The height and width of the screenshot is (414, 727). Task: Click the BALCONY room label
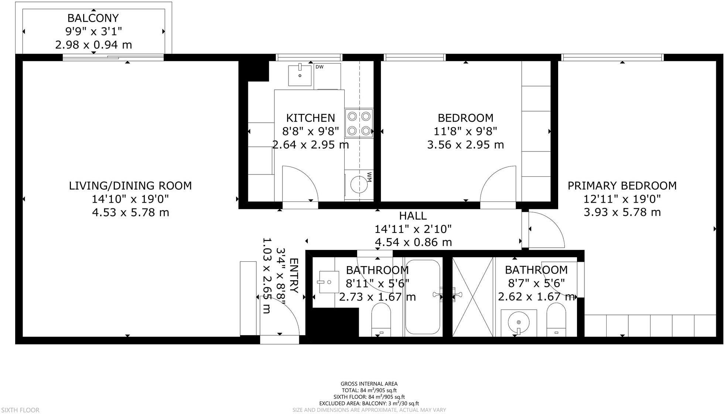[x=93, y=18]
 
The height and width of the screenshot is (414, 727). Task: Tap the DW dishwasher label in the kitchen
[x=320, y=67]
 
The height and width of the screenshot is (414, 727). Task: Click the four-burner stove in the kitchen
[x=359, y=123]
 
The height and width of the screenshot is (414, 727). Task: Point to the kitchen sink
[x=300, y=75]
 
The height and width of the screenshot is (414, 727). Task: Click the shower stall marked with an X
[x=473, y=297]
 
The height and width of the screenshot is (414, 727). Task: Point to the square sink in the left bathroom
[x=329, y=282]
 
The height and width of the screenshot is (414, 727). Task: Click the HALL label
[x=413, y=216]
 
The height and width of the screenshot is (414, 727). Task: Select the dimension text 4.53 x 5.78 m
[x=130, y=213]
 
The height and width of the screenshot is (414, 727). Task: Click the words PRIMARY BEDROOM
[x=622, y=186]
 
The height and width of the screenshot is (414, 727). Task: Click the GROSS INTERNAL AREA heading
[x=369, y=384]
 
